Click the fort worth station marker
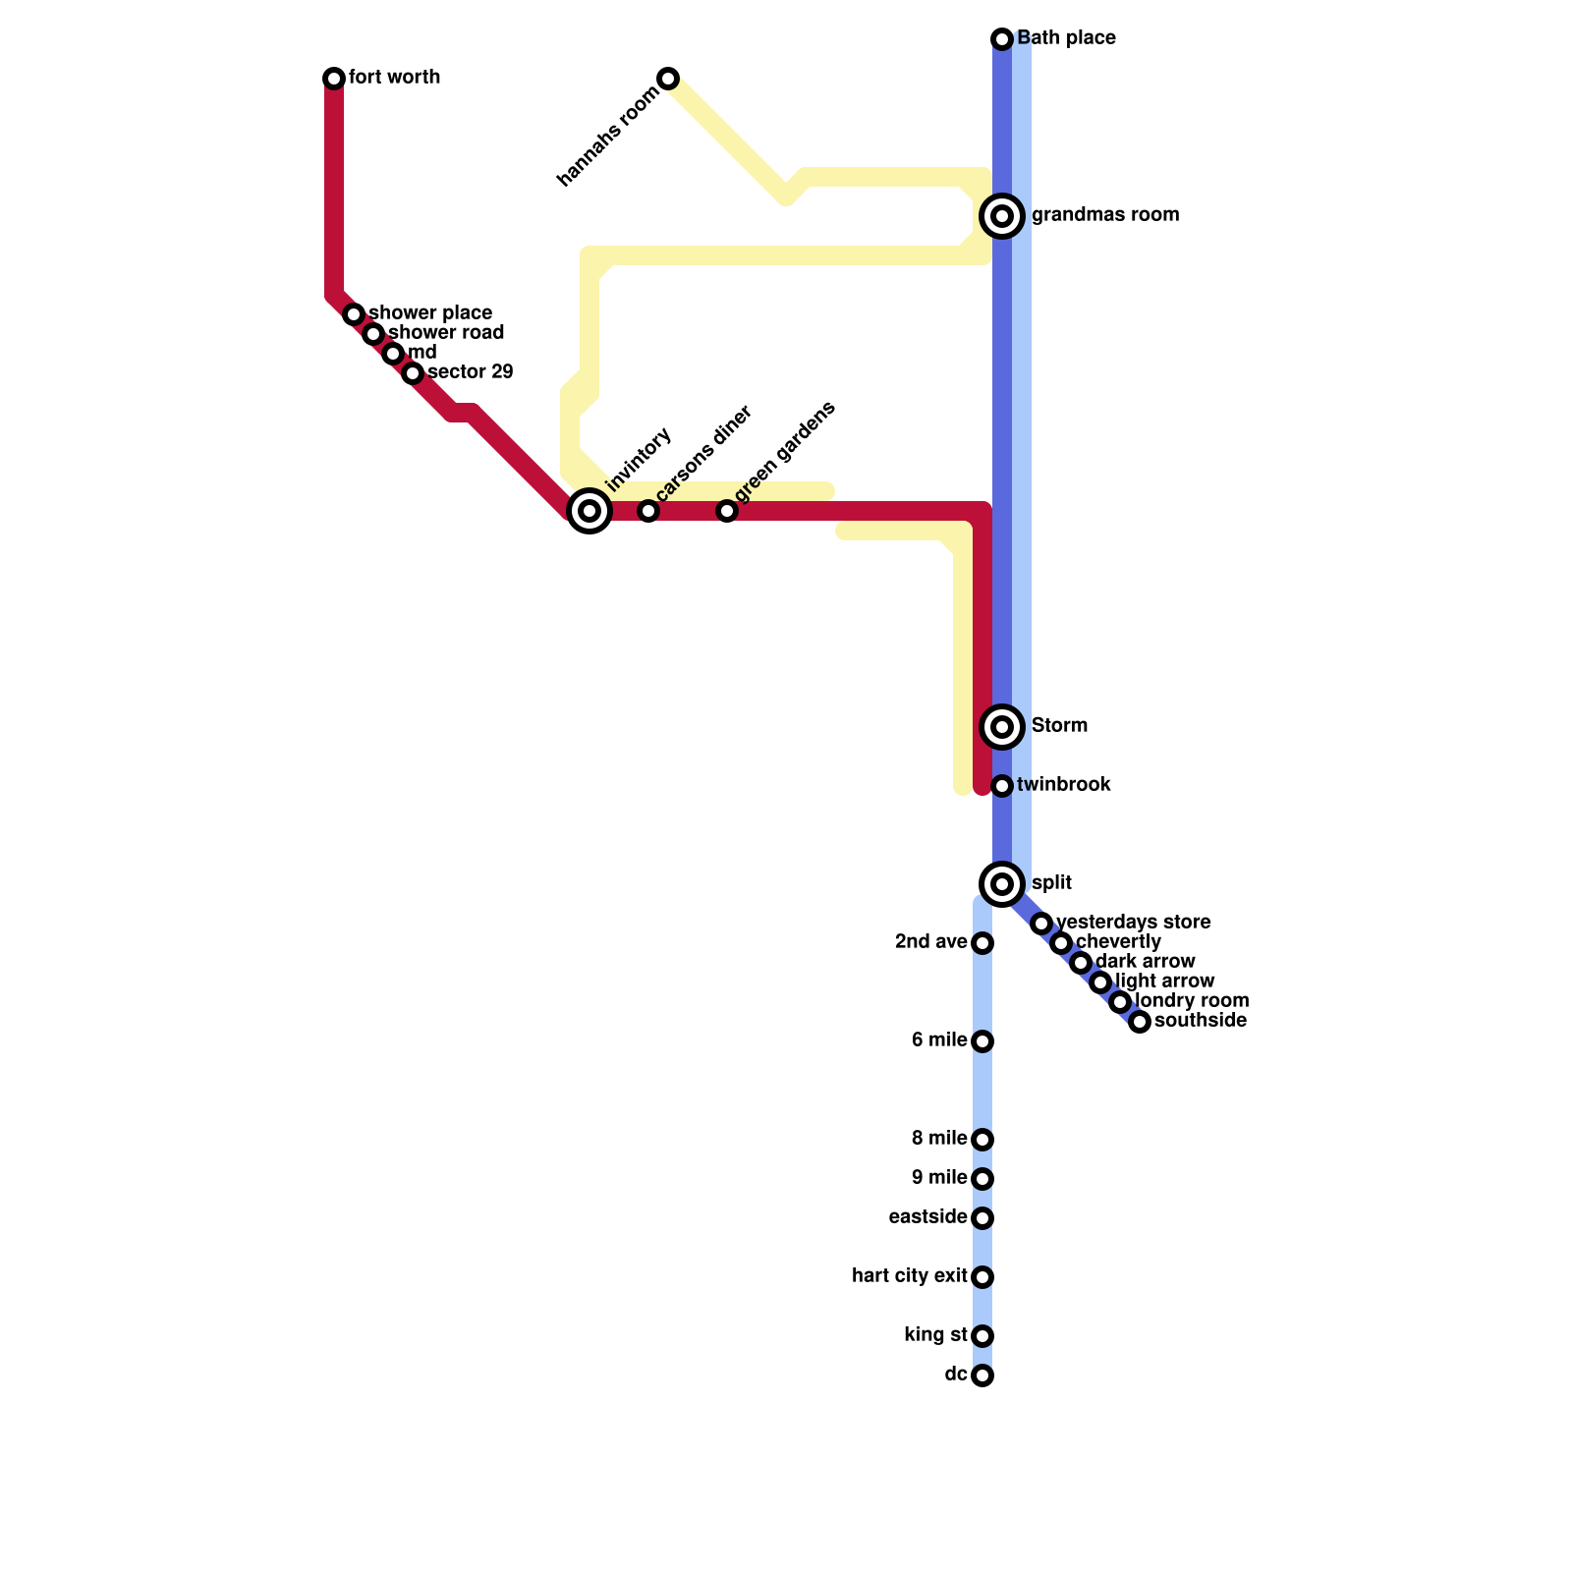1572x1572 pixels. click(334, 79)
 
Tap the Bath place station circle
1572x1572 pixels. click(1002, 39)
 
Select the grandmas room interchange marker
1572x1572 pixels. click(1002, 216)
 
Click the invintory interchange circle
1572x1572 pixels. click(589, 511)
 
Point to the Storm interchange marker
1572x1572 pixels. click(1002, 727)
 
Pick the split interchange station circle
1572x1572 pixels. click(1002, 884)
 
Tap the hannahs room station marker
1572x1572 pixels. click(668, 79)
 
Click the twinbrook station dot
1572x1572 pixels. click(1002, 786)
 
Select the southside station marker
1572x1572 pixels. click(1140, 1022)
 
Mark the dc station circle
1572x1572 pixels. click(982, 1375)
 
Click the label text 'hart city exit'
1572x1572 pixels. click(909, 1276)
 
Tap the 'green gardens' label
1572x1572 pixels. click(785, 451)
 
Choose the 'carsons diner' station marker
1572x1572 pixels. click(648, 511)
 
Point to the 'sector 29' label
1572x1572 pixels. click(470, 372)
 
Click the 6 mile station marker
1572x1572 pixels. click(982, 1041)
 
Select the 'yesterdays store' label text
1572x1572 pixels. click(1133, 923)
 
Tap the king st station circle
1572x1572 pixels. click(982, 1336)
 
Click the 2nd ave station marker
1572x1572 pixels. click(982, 943)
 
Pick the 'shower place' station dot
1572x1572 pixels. click(354, 314)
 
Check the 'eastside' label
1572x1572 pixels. click(927, 1217)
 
